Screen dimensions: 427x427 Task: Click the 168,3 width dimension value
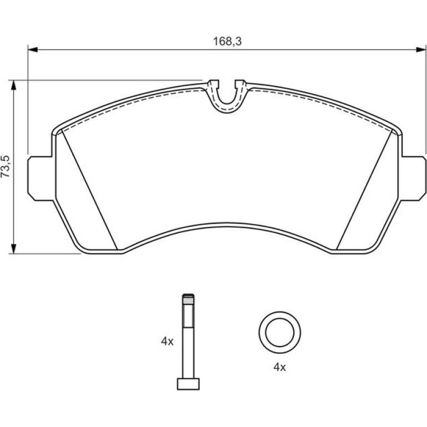227,42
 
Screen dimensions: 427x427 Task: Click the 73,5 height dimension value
6,166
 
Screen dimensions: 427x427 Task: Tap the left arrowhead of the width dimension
33,49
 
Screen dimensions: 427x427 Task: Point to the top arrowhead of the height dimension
13,85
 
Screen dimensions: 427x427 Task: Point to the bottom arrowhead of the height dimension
13,248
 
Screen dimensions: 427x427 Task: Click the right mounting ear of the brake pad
413,179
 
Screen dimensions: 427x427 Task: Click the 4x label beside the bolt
167,341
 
